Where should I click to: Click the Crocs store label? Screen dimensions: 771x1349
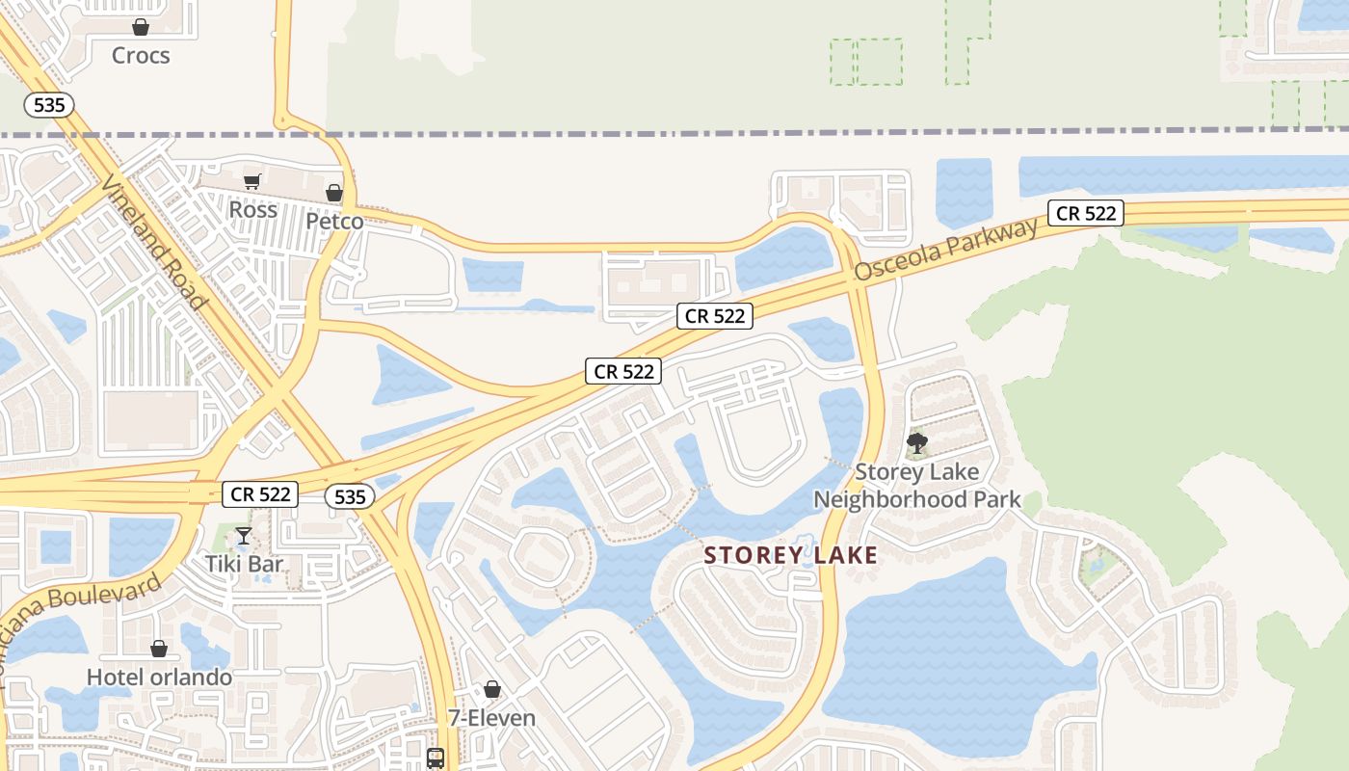click(141, 55)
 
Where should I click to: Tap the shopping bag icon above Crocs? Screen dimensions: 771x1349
click(141, 27)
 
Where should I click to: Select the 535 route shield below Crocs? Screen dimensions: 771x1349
click(49, 105)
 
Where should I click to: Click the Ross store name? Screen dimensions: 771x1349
click(252, 209)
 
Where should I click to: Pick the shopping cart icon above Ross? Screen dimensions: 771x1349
click(252, 181)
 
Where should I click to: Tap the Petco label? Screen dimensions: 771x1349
click(334, 222)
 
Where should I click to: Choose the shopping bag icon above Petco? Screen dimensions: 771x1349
click(334, 194)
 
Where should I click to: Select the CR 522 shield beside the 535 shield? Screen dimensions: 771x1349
click(261, 494)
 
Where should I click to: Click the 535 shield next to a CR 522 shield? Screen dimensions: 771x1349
click(349, 496)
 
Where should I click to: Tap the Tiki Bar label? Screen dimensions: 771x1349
click(244, 564)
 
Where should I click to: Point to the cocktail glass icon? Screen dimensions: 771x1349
click(244, 536)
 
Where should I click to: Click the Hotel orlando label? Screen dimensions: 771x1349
click(159, 678)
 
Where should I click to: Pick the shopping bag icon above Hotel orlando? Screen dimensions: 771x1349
click(159, 650)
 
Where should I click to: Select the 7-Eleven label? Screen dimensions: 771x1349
click(491, 718)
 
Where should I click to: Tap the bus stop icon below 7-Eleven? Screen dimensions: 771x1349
click(436, 758)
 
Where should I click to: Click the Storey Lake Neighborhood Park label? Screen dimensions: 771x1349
click(916, 486)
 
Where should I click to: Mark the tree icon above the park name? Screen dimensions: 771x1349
click(917, 443)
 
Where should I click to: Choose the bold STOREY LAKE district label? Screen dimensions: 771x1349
click(790, 555)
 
